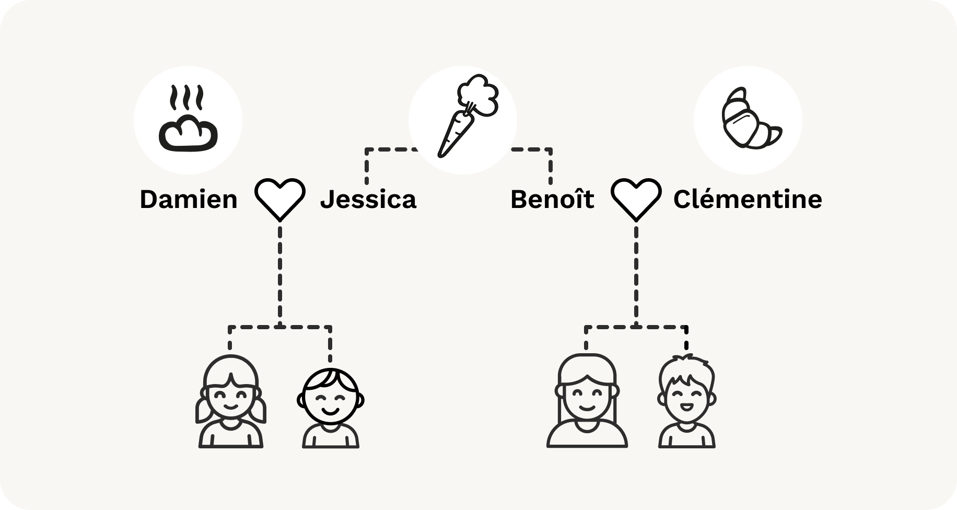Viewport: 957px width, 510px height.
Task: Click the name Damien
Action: [x=188, y=200]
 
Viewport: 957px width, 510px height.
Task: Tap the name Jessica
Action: [x=368, y=200]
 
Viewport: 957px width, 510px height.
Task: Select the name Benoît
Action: [x=552, y=200]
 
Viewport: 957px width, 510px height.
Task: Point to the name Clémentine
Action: [x=748, y=200]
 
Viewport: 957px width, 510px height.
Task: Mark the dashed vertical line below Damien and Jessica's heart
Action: [x=280, y=272]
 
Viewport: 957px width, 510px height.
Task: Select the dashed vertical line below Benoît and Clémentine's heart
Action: [x=636, y=272]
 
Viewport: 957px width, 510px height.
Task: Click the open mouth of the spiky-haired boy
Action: [x=686, y=406]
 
